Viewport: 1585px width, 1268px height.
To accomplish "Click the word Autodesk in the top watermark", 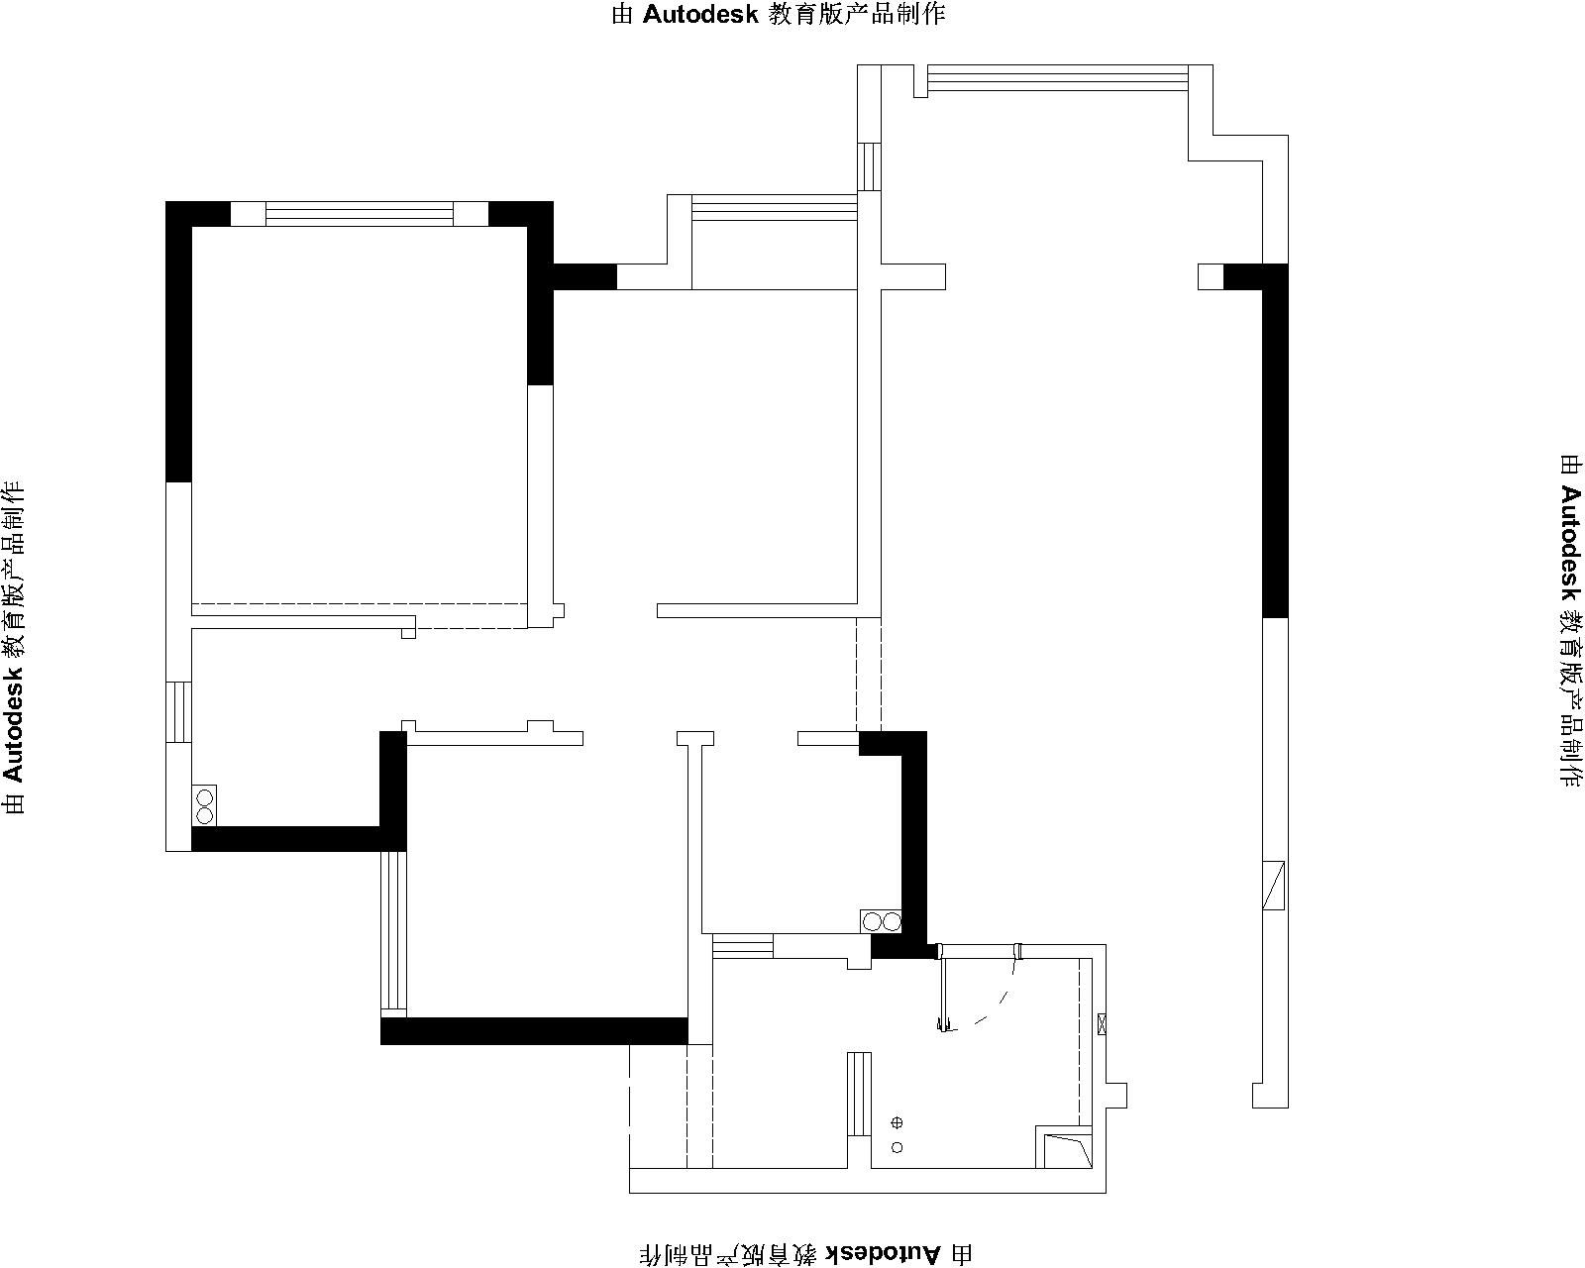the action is click(700, 14).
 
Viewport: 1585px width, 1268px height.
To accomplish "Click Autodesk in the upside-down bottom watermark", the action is click(883, 1253).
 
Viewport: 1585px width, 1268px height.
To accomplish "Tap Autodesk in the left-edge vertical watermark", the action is click(14, 723).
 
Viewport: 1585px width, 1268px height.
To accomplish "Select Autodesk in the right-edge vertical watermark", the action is click(1570, 542).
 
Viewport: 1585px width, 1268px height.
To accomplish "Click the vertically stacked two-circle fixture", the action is click(204, 805).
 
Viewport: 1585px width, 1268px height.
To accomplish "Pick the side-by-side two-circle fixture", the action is click(881, 921).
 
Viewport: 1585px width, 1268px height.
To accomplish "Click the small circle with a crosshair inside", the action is click(897, 1122).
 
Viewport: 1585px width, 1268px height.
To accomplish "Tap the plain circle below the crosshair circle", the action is click(897, 1147).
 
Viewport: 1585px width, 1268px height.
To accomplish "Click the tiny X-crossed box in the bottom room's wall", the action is click(1102, 1024).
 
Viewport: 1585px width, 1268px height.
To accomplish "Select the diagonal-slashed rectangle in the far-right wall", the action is click(1274, 886).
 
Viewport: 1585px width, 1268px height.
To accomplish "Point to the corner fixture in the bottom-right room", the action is click(1064, 1146).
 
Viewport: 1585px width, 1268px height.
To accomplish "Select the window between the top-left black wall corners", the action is click(360, 214).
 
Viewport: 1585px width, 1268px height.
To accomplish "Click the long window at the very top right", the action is click(1058, 78).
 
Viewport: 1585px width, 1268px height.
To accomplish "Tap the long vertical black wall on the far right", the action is click(1275, 441).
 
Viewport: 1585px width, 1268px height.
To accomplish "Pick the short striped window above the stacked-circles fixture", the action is click(178, 712).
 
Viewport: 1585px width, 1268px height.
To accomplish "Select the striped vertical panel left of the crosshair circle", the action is click(859, 1094).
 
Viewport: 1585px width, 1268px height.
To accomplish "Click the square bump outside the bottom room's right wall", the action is click(1116, 1095).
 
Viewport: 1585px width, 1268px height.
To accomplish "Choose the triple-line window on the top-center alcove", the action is click(774, 207).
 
